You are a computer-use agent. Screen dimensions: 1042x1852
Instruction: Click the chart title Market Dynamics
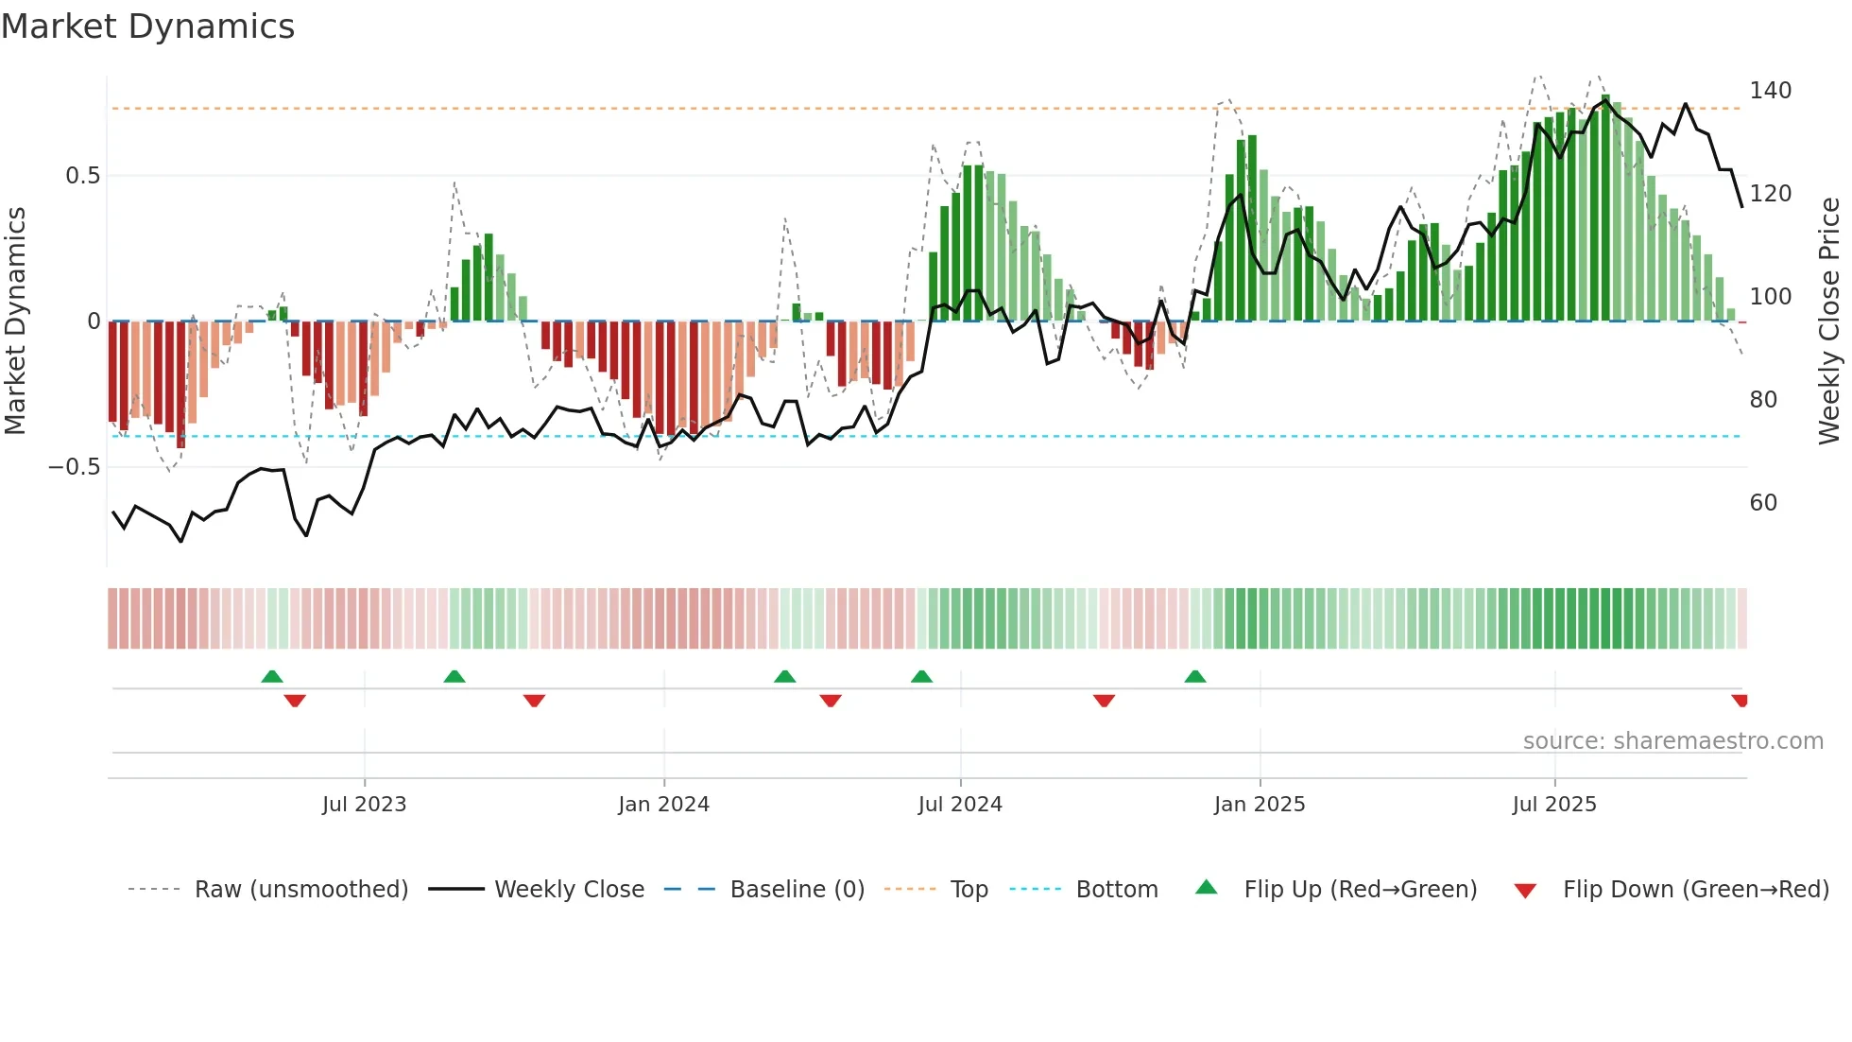[148, 26]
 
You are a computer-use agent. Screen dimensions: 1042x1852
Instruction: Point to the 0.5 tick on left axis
[82, 176]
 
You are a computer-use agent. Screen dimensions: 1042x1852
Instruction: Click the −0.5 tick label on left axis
[75, 467]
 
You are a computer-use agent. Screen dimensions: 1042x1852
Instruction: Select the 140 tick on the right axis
[1770, 91]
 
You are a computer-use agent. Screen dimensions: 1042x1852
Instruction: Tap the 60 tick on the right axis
[1763, 503]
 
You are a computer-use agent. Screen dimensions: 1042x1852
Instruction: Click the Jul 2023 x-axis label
[364, 805]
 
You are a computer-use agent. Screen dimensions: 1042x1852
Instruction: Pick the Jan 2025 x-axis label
[1259, 805]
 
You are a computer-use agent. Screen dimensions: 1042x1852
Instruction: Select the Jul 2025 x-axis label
[1553, 805]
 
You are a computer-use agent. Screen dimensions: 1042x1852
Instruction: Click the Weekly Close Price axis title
[1829, 321]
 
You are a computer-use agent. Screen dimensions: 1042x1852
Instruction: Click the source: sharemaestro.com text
[1672, 741]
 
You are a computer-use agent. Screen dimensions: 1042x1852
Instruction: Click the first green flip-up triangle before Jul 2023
[272, 676]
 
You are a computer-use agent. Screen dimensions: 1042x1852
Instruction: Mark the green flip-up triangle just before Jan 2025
[1194, 676]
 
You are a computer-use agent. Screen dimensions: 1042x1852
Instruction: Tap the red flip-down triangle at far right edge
[1740, 701]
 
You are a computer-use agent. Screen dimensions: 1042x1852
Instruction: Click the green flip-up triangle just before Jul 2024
[921, 676]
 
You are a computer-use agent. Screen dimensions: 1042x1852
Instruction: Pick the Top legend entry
[969, 890]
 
